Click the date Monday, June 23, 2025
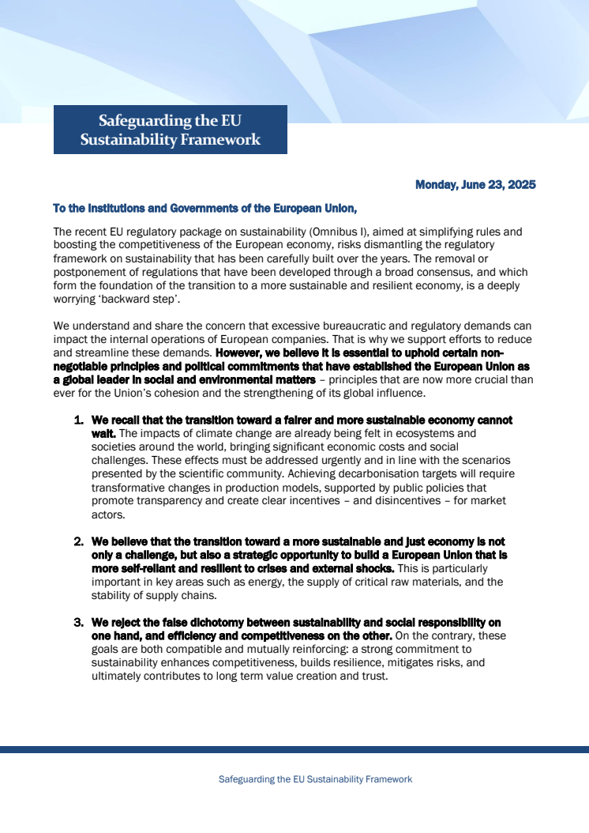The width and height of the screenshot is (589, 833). (x=475, y=185)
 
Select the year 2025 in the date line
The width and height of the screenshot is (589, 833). (x=520, y=185)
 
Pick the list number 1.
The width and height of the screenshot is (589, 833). (x=78, y=420)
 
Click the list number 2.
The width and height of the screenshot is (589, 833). (x=78, y=542)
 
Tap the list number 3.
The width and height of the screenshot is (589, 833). (x=78, y=623)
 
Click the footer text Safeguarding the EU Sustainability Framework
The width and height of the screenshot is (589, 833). (x=315, y=779)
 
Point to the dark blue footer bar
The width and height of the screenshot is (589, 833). (x=294, y=749)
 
